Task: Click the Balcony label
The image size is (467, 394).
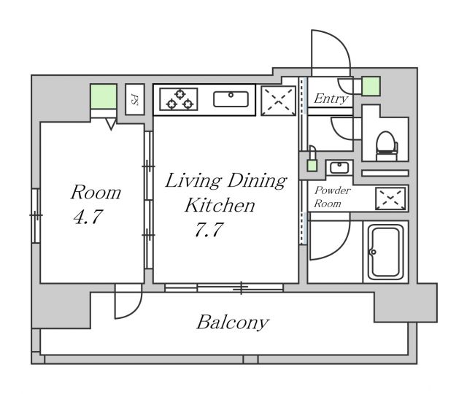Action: [233, 322]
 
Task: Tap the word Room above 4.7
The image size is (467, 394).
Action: [95, 193]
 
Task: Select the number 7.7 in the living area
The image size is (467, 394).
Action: [208, 231]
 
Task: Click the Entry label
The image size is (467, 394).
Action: [330, 99]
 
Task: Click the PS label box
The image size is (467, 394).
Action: [135, 98]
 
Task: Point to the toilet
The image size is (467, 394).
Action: [385, 142]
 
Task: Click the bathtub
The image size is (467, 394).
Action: [385, 252]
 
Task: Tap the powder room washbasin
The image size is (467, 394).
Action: [339, 168]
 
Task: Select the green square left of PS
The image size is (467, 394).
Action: [104, 97]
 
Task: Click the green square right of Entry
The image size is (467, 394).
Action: [371, 86]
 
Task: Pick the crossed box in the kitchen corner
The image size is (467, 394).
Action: [278, 100]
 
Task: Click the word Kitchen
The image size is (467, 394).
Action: [219, 205]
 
